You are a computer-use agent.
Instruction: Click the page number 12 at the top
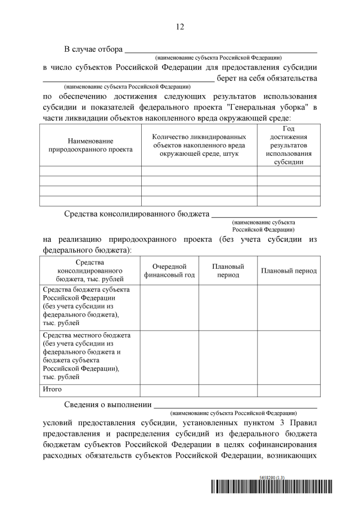[x=180, y=26]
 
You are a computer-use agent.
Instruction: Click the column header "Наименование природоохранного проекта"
[x=91, y=145]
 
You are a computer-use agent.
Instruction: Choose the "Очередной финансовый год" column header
[x=169, y=271]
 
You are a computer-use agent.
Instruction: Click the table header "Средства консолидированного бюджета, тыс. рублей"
[x=89, y=271]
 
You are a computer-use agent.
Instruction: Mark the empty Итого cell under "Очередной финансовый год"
[x=169, y=390]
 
